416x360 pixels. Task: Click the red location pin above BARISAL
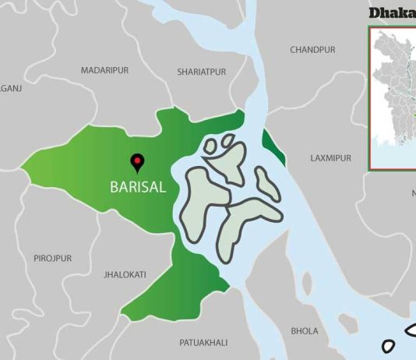click(x=138, y=161)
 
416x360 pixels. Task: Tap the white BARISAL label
click(x=137, y=188)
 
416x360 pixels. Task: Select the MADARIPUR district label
click(x=104, y=71)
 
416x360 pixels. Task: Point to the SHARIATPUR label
click(x=201, y=72)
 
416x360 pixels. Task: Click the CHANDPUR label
click(x=312, y=50)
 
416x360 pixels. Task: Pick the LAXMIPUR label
click(x=330, y=158)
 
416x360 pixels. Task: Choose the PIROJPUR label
click(x=52, y=258)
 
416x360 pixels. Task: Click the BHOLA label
click(x=304, y=331)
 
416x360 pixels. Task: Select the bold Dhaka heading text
click(x=392, y=12)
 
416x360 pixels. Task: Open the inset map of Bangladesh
click(x=393, y=97)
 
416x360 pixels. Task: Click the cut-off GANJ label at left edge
click(x=11, y=89)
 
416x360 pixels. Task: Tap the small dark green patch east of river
click(x=274, y=148)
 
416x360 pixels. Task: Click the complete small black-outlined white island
click(x=390, y=345)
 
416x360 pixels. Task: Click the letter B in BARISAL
click(x=113, y=188)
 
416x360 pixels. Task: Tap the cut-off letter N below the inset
click(x=414, y=192)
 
